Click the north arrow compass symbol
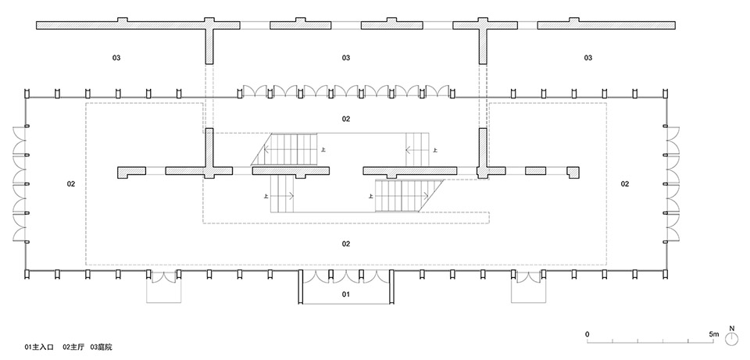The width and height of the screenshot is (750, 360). [x=732, y=338]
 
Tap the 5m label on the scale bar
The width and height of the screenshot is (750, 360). [x=713, y=333]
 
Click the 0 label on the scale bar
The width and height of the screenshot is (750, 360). [x=587, y=333]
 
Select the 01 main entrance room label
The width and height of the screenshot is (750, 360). [x=345, y=295]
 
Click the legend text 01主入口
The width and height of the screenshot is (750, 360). [x=41, y=346]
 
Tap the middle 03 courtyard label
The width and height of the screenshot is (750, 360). [x=345, y=58]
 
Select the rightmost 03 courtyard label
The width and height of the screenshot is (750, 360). [x=587, y=58]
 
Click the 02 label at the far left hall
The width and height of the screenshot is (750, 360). [x=70, y=184]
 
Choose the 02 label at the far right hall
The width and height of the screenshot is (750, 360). [x=624, y=184]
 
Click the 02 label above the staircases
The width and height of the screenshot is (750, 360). [x=345, y=119]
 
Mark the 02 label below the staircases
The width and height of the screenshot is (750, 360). [x=345, y=244]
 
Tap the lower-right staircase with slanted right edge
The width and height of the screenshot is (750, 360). [x=405, y=194]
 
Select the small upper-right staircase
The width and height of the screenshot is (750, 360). [x=417, y=149]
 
